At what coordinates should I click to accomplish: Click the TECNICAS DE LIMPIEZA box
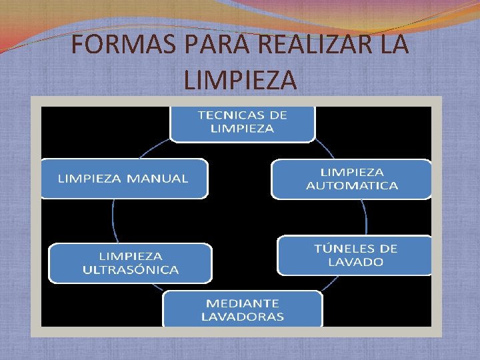(242, 122)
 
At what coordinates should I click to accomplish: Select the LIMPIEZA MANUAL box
(123, 179)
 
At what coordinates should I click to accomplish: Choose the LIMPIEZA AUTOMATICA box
(351, 179)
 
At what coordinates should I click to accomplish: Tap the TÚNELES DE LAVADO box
(355, 255)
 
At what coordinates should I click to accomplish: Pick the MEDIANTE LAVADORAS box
(242, 309)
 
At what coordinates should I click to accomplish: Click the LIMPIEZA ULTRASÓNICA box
(131, 263)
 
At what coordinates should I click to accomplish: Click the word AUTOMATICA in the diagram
(351, 186)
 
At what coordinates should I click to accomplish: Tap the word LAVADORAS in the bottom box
(242, 317)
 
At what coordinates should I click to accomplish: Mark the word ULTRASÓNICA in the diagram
(131, 270)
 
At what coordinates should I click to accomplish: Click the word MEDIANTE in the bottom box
(242, 303)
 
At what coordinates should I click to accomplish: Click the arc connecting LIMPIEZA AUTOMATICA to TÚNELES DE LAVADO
(364, 217)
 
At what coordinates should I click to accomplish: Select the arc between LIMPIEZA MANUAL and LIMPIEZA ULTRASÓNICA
(113, 220)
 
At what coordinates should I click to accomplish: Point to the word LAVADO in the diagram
(355, 263)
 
